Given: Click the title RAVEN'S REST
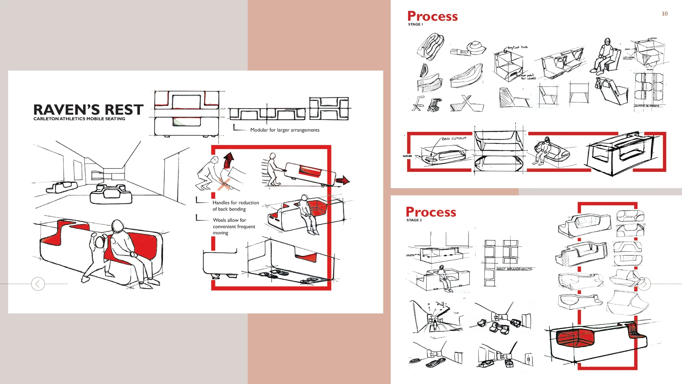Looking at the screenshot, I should [88, 110].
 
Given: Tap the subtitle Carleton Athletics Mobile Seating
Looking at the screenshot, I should [79, 119].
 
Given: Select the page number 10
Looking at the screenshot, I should [665, 14].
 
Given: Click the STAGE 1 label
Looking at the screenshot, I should [415, 24].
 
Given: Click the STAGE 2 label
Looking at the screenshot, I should [414, 220].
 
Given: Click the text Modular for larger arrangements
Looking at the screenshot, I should [285, 130].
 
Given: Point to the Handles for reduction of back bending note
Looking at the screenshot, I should [235, 206].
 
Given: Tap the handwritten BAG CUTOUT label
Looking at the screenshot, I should [454, 138].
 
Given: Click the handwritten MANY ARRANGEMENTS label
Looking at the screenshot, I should [514, 269].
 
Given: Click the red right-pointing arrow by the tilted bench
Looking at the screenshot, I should [343, 180].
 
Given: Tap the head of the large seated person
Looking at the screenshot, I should [118, 226].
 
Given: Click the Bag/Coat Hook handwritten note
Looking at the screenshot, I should [517, 47].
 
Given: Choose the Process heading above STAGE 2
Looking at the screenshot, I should [431, 212].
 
